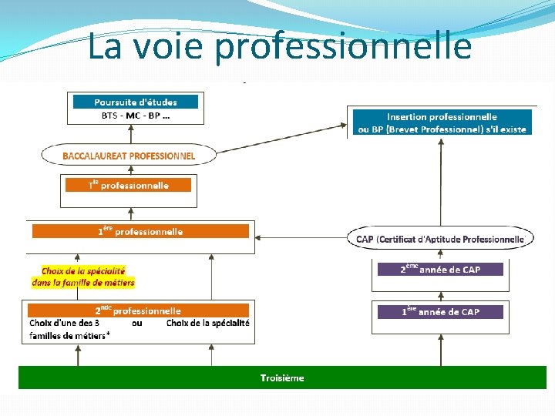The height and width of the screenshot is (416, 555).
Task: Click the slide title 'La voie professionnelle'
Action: [x=278, y=45]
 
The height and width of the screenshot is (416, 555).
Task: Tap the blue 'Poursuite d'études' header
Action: [x=135, y=102]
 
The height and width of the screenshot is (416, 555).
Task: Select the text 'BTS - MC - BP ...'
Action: [x=136, y=116]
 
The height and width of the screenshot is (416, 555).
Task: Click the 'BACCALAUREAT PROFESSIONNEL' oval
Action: [x=129, y=156]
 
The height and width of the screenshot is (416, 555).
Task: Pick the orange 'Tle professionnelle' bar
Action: [x=128, y=185]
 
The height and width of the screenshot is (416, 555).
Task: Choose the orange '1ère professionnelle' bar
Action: [x=140, y=231]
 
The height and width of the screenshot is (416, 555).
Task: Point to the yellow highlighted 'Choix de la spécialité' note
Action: [x=82, y=277]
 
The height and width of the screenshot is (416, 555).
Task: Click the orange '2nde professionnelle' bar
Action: [x=139, y=310]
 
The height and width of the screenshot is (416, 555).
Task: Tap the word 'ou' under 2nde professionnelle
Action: [x=137, y=323]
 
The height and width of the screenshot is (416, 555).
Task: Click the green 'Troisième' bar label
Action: [x=282, y=377]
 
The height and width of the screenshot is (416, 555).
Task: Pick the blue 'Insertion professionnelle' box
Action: [x=442, y=122]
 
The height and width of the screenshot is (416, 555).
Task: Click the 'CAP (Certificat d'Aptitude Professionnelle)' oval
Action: [x=440, y=239]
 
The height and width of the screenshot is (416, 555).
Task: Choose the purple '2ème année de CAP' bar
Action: [x=439, y=270]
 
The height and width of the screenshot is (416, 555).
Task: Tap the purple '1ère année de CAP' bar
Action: [x=439, y=312]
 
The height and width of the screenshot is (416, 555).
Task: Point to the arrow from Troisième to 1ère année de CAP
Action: [x=441, y=351]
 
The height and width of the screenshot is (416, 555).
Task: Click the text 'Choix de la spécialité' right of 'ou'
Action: [x=208, y=323]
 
